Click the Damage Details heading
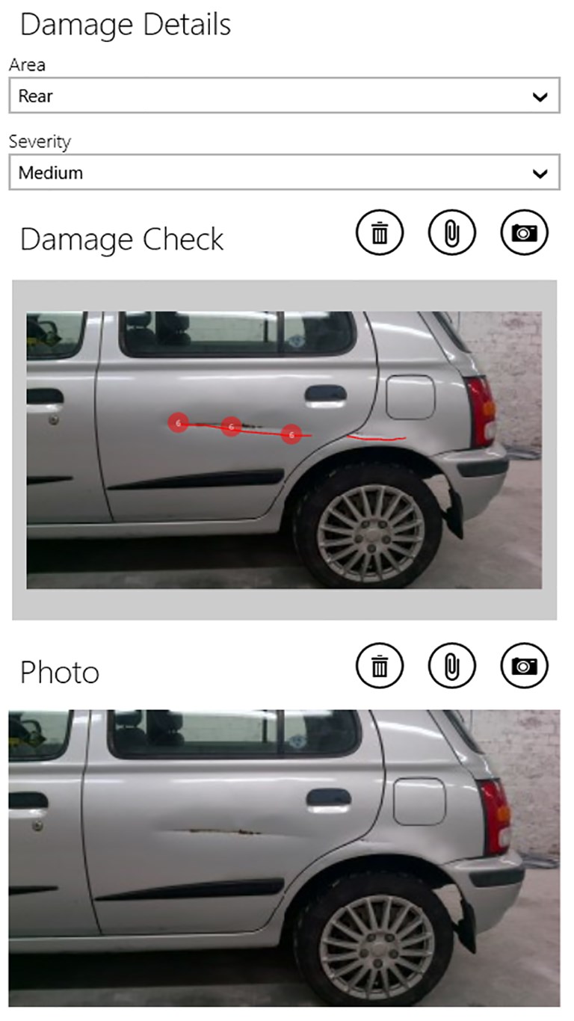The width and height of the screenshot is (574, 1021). point(126,25)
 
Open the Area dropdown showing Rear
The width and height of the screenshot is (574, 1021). point(284,96)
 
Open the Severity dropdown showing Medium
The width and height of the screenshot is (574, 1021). point(284,173)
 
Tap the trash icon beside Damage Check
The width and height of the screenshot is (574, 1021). point(380,232)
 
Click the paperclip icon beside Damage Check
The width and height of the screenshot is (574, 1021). point(452,232)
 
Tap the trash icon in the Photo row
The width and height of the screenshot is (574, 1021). point(380,666)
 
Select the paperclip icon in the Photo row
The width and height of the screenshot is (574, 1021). point(452,666)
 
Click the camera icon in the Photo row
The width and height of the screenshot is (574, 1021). point(524,666)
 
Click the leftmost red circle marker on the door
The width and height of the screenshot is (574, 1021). point(179,423)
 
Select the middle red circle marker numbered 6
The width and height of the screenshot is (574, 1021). point(231,427)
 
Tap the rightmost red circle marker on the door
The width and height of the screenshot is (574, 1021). point(291,434)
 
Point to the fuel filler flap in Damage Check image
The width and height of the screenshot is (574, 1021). point(410,397)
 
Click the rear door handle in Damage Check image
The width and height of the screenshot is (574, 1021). point(326,394)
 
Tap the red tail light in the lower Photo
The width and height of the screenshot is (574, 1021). point(496,817)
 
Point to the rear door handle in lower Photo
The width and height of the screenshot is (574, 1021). point(329,800)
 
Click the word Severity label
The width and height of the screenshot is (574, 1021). point(40,142)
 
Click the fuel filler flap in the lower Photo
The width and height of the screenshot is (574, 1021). point(419,802)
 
